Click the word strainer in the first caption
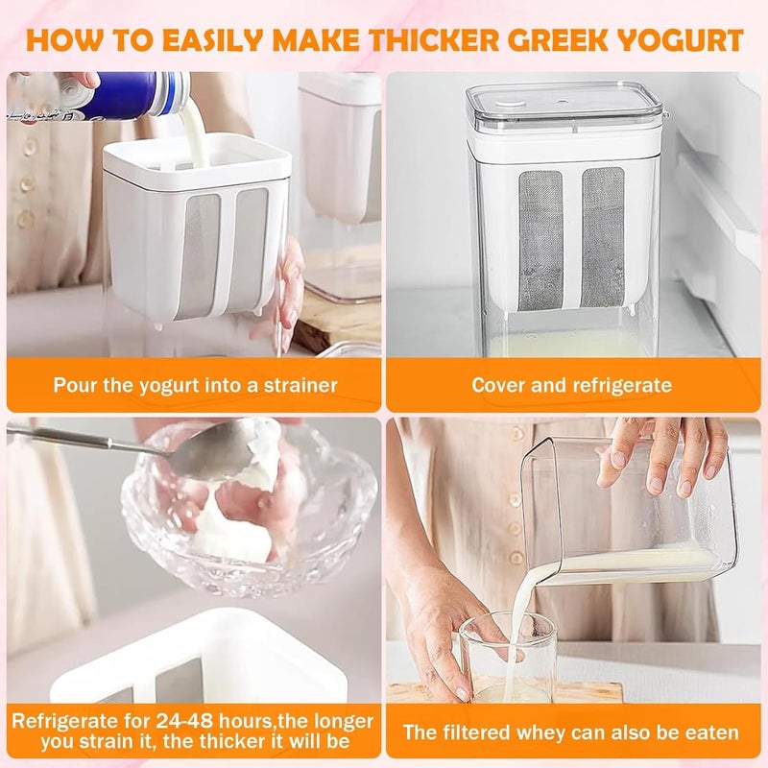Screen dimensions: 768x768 point(300,386)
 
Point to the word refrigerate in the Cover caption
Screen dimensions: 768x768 point(622,386)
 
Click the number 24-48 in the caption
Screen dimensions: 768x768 point(184,721)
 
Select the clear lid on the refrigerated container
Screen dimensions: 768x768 point(564,108)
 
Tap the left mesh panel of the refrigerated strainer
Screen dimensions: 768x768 point(540,241)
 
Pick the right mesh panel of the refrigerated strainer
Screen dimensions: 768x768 point(604,237)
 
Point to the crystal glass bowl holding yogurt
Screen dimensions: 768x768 point(249,510)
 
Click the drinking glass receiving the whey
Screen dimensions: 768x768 point(508,658)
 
